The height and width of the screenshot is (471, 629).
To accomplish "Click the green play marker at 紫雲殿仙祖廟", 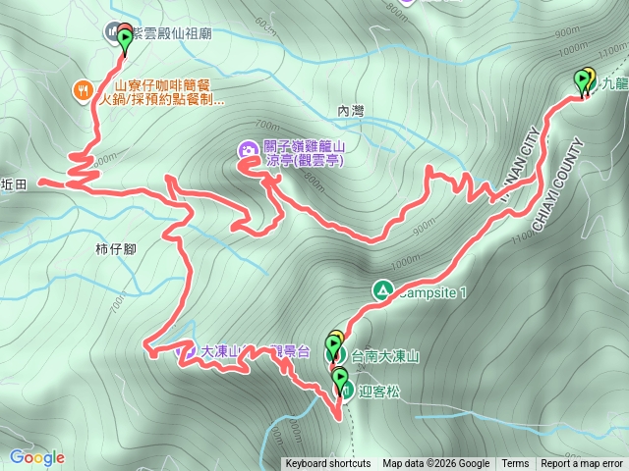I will pos(126,40).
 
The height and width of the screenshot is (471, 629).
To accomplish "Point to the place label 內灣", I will pos(350,111).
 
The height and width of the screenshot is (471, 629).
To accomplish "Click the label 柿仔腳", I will pos(116,248).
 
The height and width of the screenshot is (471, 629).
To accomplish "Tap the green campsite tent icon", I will pos(381,290).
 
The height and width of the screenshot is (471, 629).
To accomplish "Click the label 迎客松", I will pos(376,390).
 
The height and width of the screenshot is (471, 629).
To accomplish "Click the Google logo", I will pos(36,457).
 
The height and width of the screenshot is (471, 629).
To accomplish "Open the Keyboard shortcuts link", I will pos(327,464).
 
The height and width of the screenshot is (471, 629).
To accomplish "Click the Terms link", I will pos(515,464).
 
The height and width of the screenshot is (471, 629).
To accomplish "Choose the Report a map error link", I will pos(581,464).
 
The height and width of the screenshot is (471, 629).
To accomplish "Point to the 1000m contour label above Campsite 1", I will pos(403,263).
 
